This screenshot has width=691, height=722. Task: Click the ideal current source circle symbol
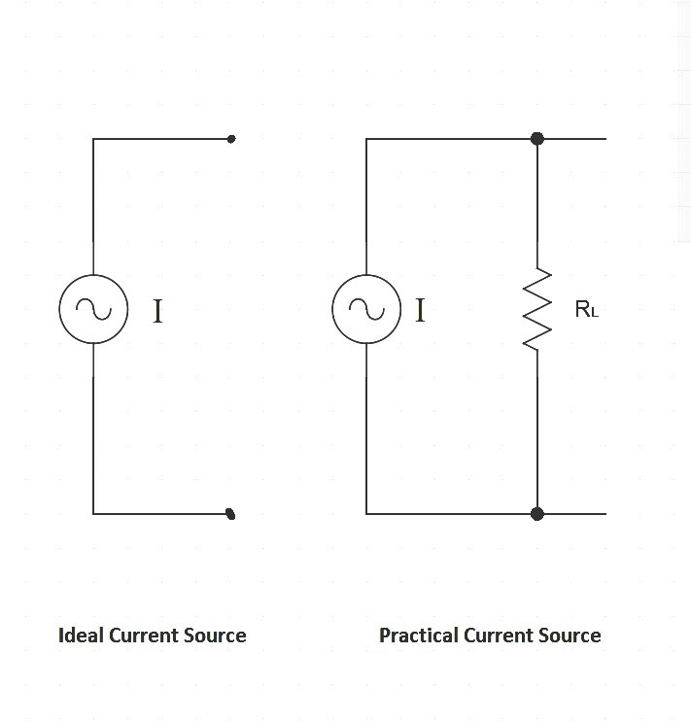[x=93, y=309]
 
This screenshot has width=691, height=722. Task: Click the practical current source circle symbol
[x=366, y=309]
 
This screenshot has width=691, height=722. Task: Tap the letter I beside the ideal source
[x=157, y=312]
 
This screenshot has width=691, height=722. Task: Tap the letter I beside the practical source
[x=420, y=311]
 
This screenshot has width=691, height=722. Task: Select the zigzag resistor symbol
[x=537, y=309]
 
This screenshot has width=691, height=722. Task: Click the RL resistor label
[x=586, y=310]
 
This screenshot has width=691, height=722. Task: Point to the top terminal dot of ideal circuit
[x=231, y=139]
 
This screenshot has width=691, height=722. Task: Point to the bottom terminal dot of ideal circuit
[x=230, y=513]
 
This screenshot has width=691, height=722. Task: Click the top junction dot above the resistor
[x=537, y=139]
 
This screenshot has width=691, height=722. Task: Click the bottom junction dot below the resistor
[x=537, y=513]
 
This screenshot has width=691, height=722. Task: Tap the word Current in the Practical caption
[x=498, y=636]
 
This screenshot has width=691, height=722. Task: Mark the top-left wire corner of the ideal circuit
[x=93, y=139]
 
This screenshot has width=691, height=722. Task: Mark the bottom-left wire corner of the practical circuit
[x=366, y=513]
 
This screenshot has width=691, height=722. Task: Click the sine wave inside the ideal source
[x=93, y=310]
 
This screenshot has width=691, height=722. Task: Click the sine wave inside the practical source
[x=366, y=310]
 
